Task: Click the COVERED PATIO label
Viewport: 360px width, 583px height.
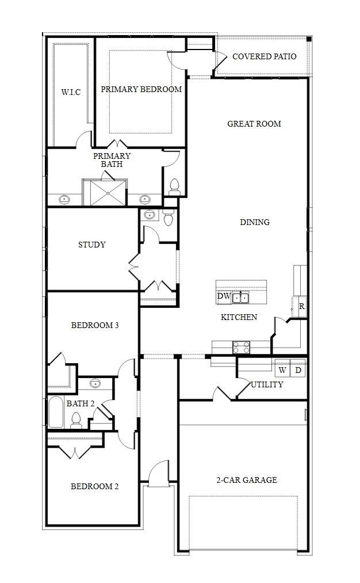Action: point(264,56)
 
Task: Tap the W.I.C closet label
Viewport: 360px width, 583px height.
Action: point(71,92)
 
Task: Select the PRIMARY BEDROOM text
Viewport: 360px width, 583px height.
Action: point(141,89)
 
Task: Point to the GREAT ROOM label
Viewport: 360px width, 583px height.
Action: point(254,124)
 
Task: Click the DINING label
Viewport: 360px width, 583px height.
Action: point(255,222)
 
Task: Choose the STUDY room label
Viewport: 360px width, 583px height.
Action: point(92,245)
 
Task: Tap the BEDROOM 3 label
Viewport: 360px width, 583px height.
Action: point(95,325)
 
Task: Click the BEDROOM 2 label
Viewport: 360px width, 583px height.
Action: point(95,486)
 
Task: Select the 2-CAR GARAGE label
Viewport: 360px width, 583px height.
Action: point(247,480)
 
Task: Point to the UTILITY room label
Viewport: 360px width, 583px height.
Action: point(267,384)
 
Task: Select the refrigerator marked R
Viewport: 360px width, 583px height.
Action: point(300,307)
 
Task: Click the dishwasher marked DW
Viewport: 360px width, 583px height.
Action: point(224,297)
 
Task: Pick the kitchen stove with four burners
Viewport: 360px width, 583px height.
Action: point(242,347)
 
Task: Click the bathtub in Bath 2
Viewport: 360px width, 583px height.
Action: point(56,412)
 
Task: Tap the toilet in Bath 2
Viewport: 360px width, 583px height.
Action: point(76,421)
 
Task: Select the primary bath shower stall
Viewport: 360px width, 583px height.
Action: point(109,193)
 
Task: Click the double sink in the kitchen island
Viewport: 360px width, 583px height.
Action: point(241,298)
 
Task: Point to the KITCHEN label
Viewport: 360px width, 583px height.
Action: point(239,317)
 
